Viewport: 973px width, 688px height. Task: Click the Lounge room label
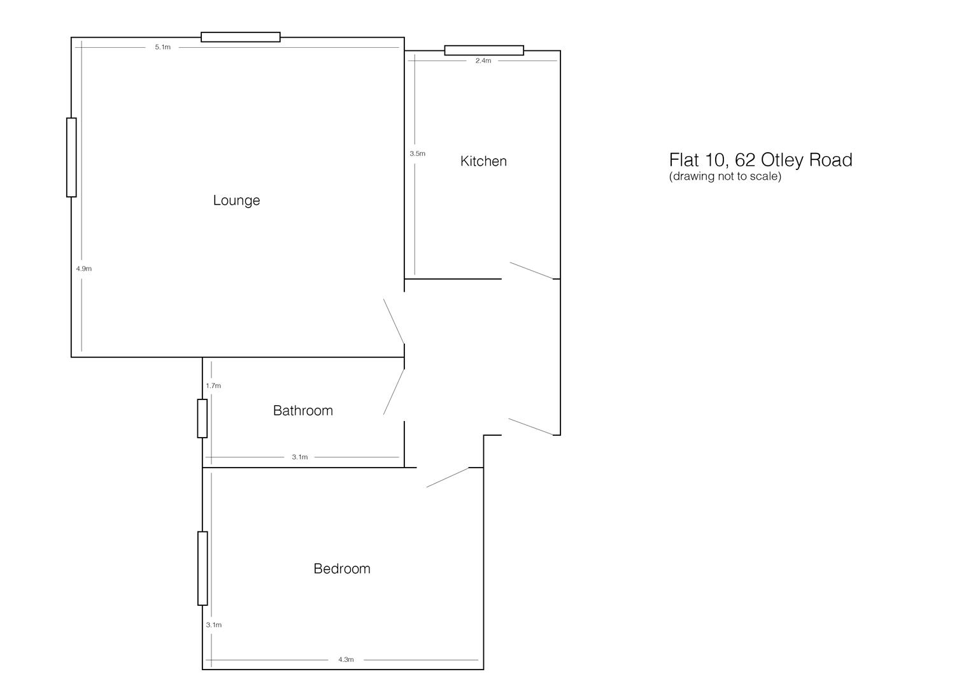236,201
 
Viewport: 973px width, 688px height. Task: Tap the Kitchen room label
483,161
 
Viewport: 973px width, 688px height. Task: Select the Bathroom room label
302,411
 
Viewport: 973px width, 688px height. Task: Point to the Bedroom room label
341,569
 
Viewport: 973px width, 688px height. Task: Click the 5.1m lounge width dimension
163,47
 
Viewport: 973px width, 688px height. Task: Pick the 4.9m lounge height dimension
84,269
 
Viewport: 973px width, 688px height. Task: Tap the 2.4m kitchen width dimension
483,61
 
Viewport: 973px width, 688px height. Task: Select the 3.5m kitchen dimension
418,154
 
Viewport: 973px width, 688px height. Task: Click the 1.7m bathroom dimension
213,386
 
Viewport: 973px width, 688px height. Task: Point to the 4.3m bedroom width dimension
346,660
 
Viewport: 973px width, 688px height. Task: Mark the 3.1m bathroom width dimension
300,457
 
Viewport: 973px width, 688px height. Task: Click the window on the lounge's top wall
241,37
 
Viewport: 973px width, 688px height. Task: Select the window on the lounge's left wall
71,157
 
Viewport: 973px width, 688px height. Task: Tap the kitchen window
484,50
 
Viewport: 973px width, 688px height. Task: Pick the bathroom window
202,419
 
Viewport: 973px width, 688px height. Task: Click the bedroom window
202,568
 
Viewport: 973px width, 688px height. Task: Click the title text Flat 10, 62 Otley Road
760,160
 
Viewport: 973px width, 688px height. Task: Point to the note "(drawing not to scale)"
725,176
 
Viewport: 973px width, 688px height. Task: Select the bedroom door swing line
448,477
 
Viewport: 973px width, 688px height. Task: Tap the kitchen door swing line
532,271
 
